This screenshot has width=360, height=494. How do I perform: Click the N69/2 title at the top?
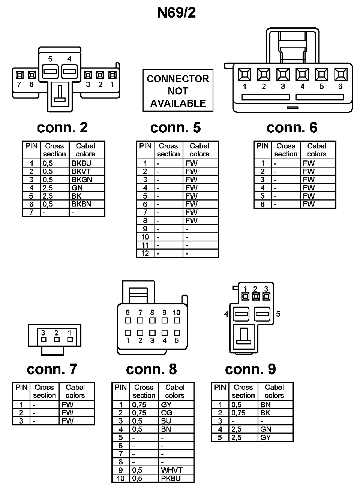pos(176,13)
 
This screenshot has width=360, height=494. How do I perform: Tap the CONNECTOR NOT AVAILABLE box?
pos(178,91)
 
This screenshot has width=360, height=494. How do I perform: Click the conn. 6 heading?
pos(292,128)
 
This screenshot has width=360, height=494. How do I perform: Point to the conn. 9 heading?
pos(250,370)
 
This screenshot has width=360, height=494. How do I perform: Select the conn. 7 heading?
pos(52,370)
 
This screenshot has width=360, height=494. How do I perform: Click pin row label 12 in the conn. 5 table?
pos(145,254)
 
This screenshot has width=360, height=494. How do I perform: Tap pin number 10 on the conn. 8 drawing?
pos(177,313)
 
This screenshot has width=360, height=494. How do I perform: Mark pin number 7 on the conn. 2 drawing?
pos(19,84)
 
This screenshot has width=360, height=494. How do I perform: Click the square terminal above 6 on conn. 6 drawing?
pos(340,75)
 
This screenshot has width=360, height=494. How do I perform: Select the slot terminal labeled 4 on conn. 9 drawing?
pos(241,314)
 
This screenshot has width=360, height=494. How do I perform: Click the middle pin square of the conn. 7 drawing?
pos(57,340)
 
